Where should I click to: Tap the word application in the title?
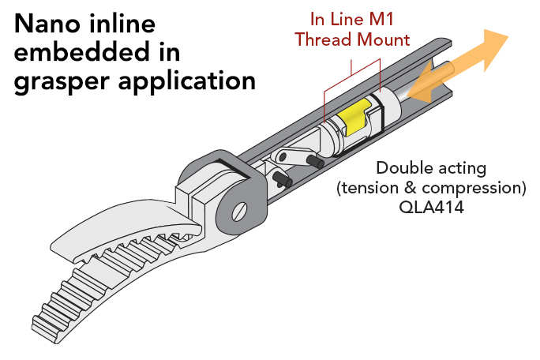[183, 81]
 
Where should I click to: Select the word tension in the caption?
[368, 189]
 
